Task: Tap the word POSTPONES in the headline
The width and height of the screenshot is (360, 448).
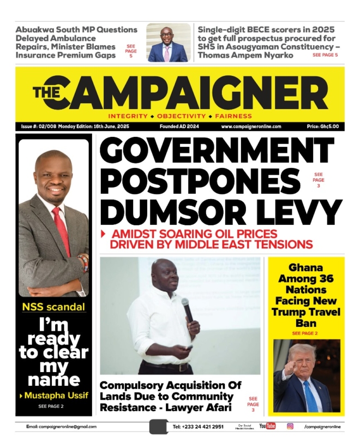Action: pos(200,180)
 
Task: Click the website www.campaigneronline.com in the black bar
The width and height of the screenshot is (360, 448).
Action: pos(251,127)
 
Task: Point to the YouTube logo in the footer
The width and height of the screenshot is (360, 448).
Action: pos(267,426)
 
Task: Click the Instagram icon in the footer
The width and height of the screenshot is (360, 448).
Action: pos(290,426)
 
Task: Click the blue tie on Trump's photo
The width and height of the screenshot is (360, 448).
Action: pos(311,396)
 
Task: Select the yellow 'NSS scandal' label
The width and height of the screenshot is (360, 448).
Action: pos(53,307)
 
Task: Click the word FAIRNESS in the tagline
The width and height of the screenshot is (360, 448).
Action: pos(233,116)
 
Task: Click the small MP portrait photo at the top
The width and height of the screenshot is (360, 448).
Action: pos(168,43)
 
